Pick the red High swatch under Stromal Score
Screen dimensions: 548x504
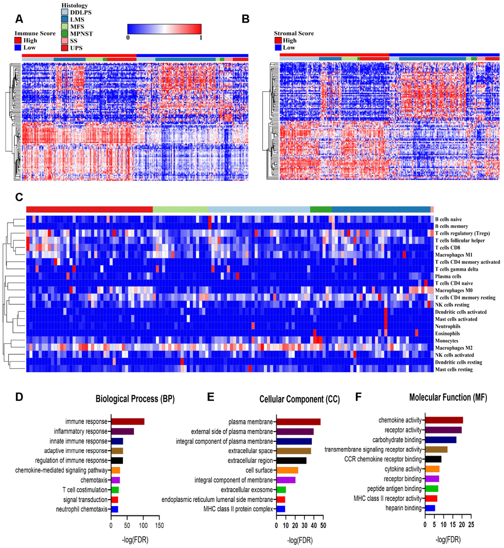click(278, 41)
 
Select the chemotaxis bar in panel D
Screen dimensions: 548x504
click(116, 480)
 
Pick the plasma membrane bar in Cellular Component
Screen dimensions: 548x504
click(298, 422)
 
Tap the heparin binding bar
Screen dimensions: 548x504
click(430, 508)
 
